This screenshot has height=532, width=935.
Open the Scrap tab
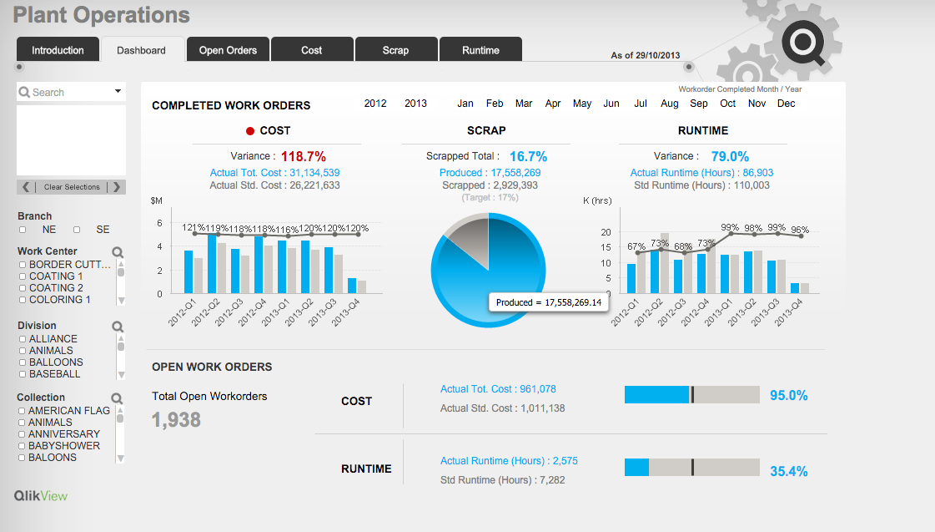pos(395,50)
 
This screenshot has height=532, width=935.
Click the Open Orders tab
pos(228,50)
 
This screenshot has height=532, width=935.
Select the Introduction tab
pos(58,50)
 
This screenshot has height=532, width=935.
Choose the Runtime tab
pos(480,50)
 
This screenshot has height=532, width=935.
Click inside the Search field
pos(67,92)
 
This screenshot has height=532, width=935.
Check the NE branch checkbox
pos(23,230)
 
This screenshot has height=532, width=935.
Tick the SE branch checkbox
pos(77,230)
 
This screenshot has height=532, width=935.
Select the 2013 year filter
pos(415,104)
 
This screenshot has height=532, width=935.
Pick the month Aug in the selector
pos(670,104)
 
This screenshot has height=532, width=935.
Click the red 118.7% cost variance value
pos(303,156)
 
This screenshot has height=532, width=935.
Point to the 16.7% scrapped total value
pos(528,156)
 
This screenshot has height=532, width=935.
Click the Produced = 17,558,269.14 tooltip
pos(548,302)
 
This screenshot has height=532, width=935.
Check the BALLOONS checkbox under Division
pos(23,362)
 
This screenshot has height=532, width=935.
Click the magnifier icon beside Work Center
pos(118,251)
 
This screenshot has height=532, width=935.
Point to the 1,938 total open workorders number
pos(176,419)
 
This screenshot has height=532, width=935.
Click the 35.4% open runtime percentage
pos(788,471)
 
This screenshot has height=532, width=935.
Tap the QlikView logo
pos(41,496)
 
